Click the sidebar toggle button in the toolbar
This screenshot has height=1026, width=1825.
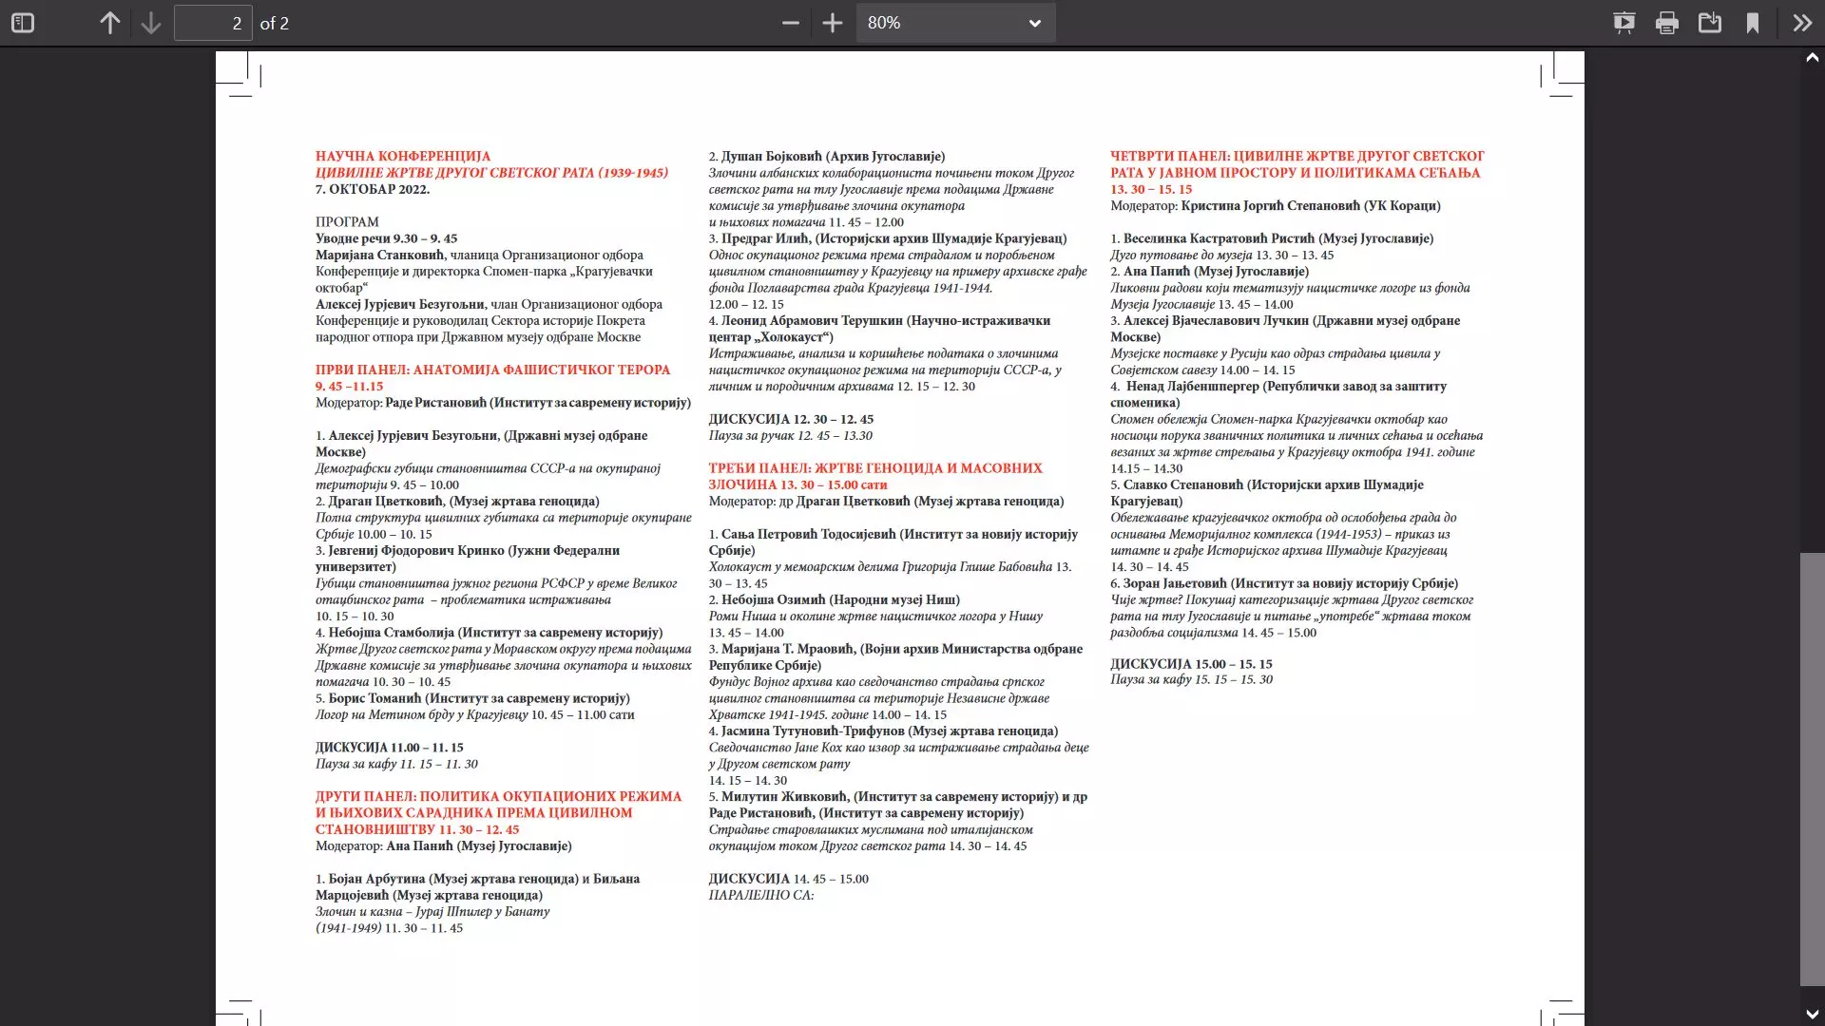coord(23,23)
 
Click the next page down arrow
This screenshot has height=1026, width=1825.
coord(150,23)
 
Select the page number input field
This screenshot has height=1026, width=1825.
coord(213,23)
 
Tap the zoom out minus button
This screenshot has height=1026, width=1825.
coord(790,23)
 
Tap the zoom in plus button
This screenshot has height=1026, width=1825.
coord(833,23)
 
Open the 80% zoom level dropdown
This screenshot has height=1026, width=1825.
coord(955,23)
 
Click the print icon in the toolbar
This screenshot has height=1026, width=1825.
coord(1666,23)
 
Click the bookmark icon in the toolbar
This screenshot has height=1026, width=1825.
coord(1752,23)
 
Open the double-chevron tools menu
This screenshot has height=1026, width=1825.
coord(1802,23)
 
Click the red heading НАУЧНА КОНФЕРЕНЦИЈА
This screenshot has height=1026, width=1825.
coord(403,156)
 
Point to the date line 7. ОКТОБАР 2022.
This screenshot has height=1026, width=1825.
coord(373,189)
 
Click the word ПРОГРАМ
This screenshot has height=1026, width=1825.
coord(347,222)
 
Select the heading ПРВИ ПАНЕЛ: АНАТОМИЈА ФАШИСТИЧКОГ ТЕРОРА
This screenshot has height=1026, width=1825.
coord(492,370)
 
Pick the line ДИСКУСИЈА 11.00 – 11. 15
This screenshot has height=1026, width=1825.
coord(390,748)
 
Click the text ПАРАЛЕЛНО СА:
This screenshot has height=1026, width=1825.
coord(760,895)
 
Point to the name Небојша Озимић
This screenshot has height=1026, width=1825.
coord(773,599)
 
